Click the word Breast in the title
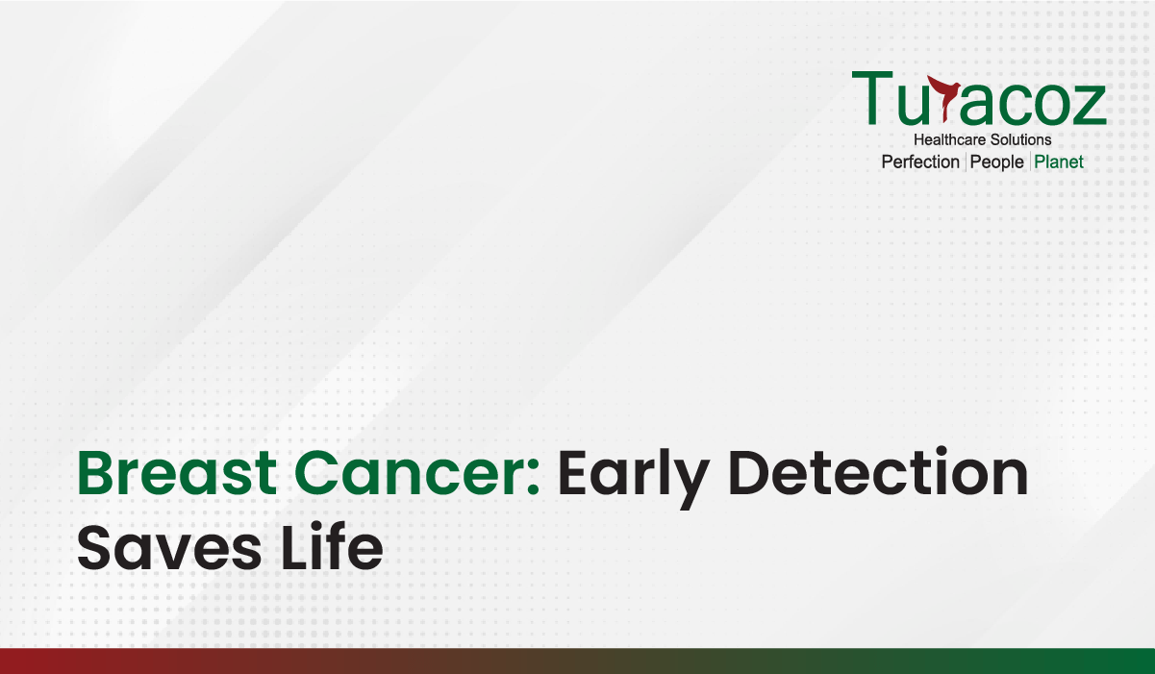pyautogui.click(x=177, y=473)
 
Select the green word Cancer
pyautogui.click(x=411, y=473)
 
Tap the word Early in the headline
pyautogui.click(x=632, y=479)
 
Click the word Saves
pyautogui.click(x=169, y=548)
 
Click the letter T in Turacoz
pyautogui.click(x=872, y=98)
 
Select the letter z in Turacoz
pyautogui.click(x=1089, y=105)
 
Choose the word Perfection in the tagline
pyautogui.click(x=920, y=162)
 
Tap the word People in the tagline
pyautogui.click(x=996, y=162)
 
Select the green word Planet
pyautogui.click(x=1059, y=162)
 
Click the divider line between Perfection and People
pyautogui.click(x=966, y=162)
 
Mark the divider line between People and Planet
pyautogui.click(x=1030, y=162)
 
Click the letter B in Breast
pyautogui.click(x=95, y=473)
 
